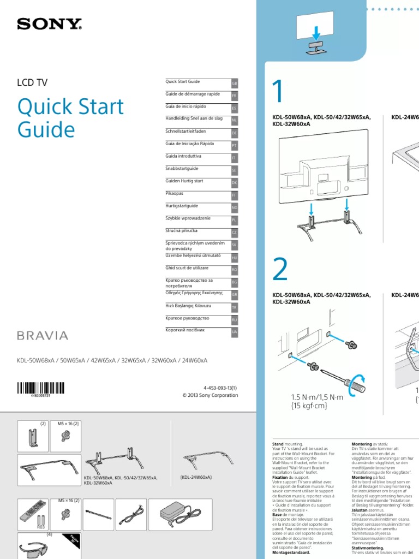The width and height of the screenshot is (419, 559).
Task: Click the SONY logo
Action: click(50, 24)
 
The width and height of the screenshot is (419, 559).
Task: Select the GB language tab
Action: click(235, 84)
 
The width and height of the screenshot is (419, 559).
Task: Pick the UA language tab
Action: click(235, 332)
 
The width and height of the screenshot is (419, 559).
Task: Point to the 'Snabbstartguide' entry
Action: click(182, 169)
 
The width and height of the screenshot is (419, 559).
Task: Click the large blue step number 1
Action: click(278, 93)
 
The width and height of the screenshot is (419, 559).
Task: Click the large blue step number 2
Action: click(279, 269)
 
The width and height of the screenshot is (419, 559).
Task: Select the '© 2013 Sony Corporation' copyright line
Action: click(210, 395)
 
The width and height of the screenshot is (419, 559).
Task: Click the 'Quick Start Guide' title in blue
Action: click(70, 118)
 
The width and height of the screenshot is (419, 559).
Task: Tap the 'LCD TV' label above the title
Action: click(33, 83)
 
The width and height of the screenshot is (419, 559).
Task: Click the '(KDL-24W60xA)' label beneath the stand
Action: click(195, 477)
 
